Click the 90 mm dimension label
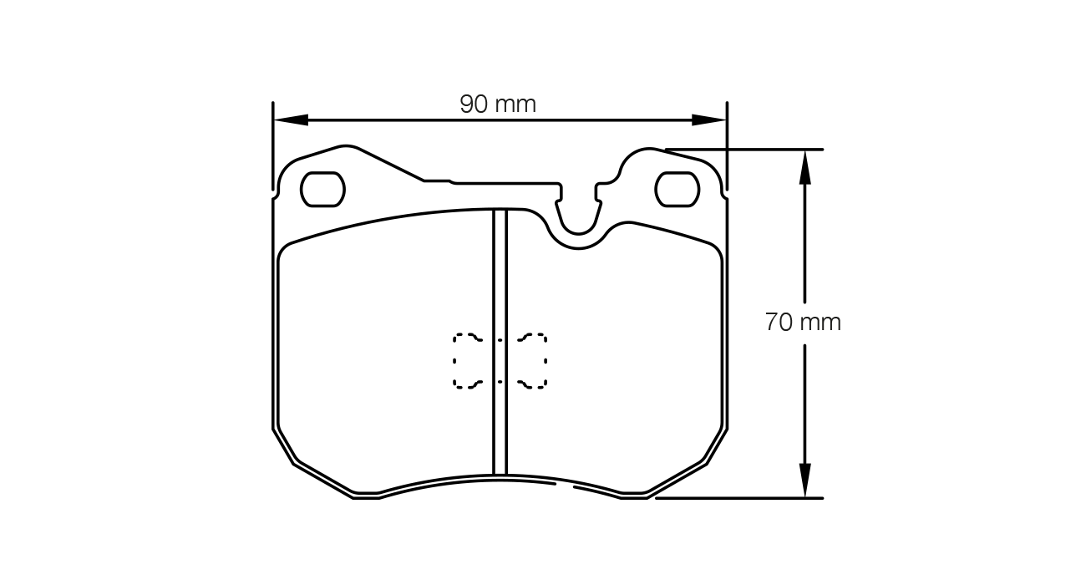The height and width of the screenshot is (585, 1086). (498, 104)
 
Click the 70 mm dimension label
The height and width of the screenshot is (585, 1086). (802, 323)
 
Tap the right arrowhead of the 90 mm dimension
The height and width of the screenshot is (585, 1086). (709, 120)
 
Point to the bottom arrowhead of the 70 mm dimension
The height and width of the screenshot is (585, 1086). (804, 481)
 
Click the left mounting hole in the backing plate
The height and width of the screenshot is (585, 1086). (322, 190)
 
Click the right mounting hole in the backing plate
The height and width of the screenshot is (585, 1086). (677, 190)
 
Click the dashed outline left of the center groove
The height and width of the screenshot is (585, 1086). (468, 361)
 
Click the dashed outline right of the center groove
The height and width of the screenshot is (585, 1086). (532, 361)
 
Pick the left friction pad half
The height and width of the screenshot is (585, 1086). (384, 351)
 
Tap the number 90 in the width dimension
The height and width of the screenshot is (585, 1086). (474, 104)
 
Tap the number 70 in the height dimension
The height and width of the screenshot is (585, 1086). (779, 323)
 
